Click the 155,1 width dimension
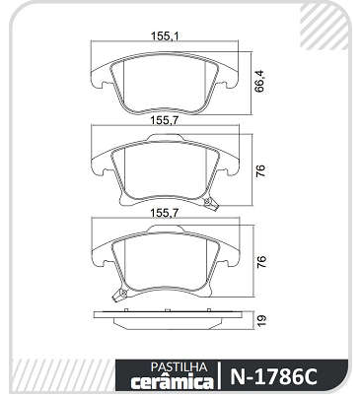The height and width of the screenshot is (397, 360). [x=165, y=35]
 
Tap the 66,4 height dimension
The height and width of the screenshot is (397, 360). [x=260, y=82]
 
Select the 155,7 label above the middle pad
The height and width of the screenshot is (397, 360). [x=165, y=120]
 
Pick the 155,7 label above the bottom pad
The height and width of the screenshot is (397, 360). [x=165, y=213]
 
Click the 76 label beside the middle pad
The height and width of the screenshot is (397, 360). [x=260, y=170]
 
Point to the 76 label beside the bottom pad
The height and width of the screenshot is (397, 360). [x=260, y=262]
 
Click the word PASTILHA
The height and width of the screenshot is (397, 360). [x=179, y=366]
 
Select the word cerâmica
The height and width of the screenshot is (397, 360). [x=172, y=382]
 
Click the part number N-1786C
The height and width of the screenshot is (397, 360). [x=273, y=376]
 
